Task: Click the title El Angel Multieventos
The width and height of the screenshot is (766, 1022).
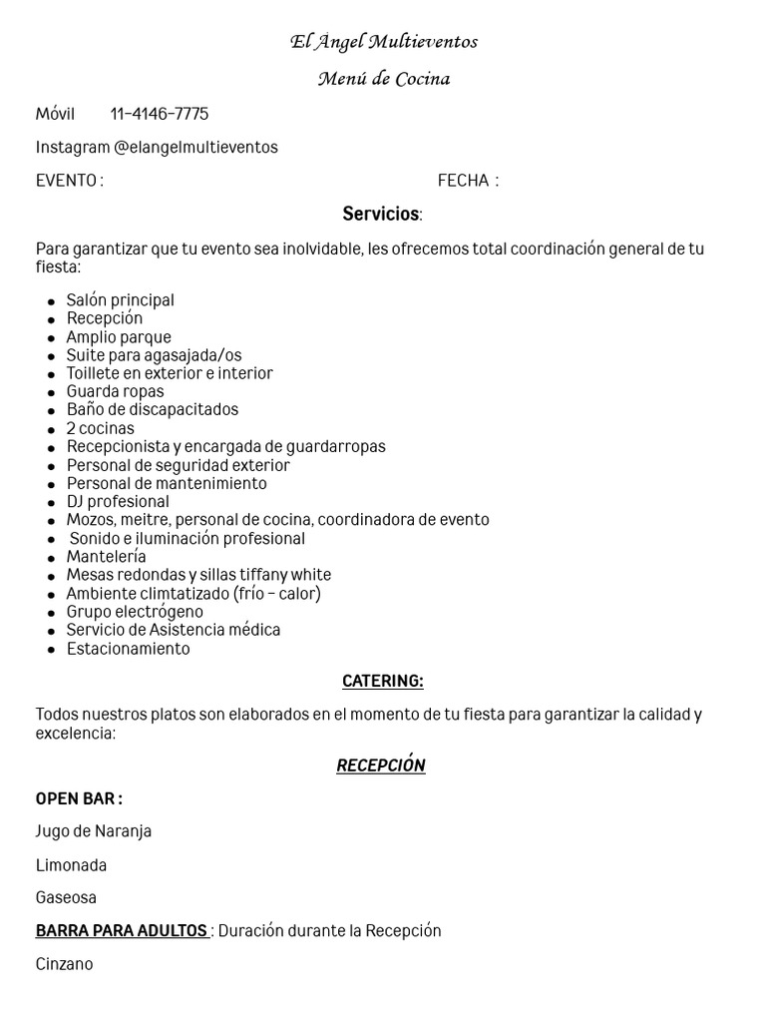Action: click(x=383, y=42)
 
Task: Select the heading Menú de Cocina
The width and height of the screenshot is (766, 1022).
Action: click(x=383, y=79)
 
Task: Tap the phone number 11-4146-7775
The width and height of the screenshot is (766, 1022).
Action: click(x=160, y=114)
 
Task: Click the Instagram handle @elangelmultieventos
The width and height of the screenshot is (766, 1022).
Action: click(x=195, y=148)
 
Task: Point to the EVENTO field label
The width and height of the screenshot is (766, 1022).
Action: click(x=69, y=181)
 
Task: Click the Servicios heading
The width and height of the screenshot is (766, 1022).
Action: click(x=382, y=214)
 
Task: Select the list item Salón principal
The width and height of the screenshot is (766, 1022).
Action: click(x=120, y=300)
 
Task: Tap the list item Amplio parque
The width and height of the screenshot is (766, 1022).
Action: click(x=119, y=337)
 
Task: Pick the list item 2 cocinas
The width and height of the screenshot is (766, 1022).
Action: click(x=100, y=429)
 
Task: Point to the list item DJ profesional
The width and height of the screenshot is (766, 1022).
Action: click(x=118, y=502)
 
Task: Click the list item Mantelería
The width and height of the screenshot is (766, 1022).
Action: click(x=106, y=557)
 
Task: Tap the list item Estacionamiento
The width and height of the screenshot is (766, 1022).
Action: click(x=128, y=649)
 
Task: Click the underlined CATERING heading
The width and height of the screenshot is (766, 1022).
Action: click(x=382, y=682)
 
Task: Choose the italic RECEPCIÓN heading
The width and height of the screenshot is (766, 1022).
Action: click(x=381, y=766)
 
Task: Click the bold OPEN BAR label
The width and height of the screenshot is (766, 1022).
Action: click(x=79, y=798)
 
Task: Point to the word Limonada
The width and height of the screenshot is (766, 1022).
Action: click(x=71, y=865)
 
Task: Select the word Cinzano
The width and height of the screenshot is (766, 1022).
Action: click(x=64, y=964)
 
